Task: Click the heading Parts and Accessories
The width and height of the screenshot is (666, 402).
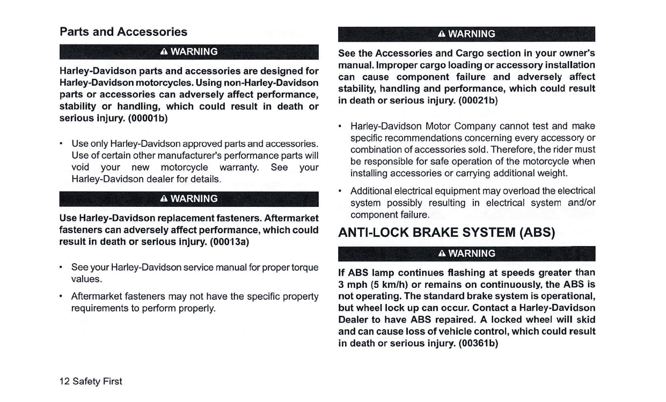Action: tap(123, 32)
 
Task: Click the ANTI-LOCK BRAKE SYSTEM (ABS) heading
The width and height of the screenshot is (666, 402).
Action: tap(447, 233)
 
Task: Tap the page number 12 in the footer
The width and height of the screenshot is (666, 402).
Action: tap(64, 381)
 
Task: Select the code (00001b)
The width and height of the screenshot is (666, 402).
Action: tap(148, 118)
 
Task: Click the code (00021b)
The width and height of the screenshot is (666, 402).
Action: tap(478, 100)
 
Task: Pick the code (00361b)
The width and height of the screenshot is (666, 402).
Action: tap(479, 343)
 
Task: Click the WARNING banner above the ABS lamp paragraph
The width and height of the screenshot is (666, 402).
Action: tap(466, 253)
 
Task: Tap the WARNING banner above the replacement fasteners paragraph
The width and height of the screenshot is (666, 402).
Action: tap(189, 198)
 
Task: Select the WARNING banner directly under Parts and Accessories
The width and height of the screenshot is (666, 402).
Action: tap(189, 51)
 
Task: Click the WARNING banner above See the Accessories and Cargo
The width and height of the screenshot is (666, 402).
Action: tap(466, 34)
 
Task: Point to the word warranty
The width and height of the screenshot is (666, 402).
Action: tap(239, 167)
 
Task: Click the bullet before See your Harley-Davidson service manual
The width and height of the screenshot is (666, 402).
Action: tap(62, 267)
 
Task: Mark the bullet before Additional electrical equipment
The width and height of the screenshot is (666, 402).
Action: tap(341, 191)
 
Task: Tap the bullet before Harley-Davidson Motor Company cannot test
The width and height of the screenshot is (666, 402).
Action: tap(341, 126)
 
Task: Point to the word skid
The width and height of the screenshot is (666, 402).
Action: tap(586, 319)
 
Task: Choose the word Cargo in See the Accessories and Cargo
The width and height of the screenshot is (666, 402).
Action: tap(470, 53)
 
